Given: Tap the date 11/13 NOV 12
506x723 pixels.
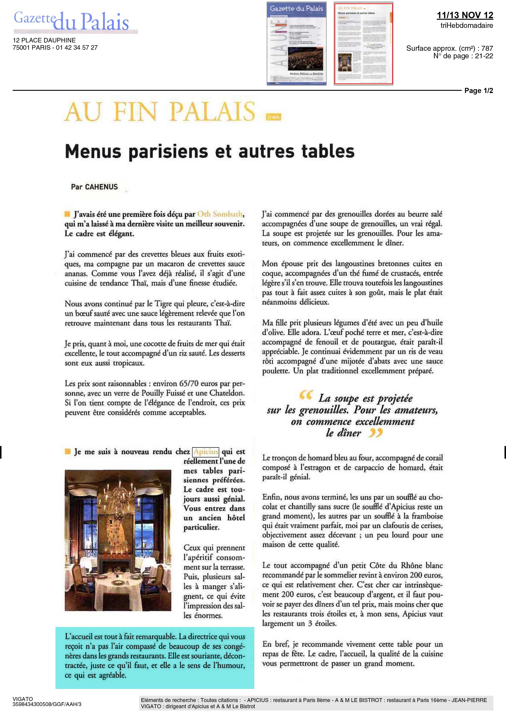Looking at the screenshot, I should (465, 15).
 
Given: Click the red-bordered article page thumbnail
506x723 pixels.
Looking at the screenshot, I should (363, 43).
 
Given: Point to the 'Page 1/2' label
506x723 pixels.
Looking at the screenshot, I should (479, 91).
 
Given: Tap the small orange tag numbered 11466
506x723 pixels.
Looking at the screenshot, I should (273, 117).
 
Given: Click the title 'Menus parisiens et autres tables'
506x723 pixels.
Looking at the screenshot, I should (209, 151).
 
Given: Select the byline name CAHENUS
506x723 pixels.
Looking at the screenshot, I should (101, 187).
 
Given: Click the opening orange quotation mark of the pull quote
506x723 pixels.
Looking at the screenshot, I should (305, 396).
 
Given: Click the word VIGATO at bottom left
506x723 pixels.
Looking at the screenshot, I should (23, 699).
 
